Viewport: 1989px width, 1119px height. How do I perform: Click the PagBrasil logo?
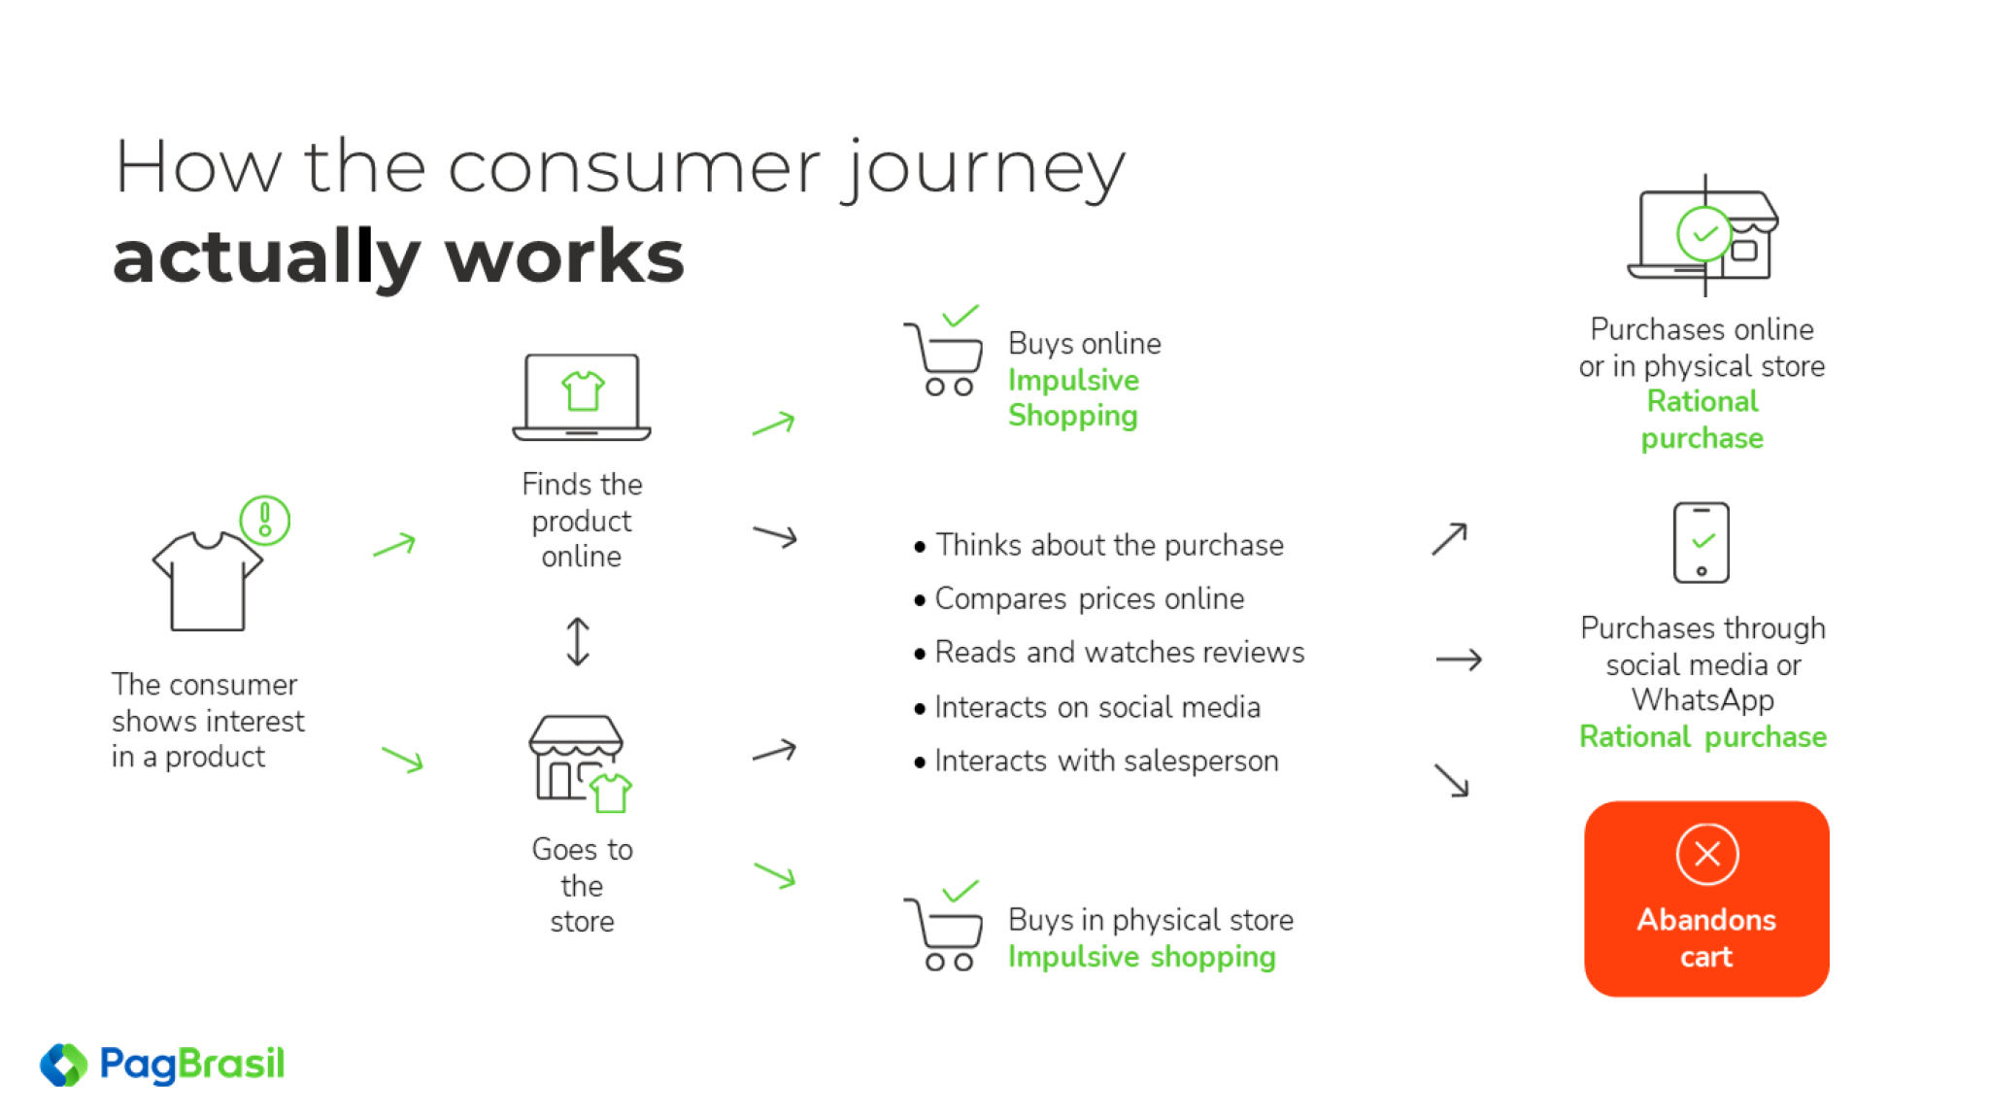point(162,1064)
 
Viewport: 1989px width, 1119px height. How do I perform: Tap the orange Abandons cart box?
point(1706,899)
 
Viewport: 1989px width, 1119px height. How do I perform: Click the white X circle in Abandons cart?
point(1706,854)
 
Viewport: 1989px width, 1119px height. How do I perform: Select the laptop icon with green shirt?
point(582,397)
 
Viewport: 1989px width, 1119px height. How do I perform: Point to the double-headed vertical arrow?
point(578,641)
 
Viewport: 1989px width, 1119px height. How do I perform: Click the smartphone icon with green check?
point(1702,542)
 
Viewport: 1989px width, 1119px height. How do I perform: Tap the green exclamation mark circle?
point(265,520)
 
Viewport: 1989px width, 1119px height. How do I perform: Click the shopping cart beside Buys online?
point(944,351)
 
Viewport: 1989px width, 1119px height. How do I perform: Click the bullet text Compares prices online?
point(1079,598)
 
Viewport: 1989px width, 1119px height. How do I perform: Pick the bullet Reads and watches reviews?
point(1109,652)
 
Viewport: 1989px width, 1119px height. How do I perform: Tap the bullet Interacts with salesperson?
point(1096,761)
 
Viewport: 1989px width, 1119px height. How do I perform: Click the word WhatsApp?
point(1702,700)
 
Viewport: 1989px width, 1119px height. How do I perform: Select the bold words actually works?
point(398,256)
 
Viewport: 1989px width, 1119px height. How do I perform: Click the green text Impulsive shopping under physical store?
point(1142,957)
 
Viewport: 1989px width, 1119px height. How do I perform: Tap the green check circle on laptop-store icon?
point(1704,234)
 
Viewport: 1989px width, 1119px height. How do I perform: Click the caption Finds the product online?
point(582,520)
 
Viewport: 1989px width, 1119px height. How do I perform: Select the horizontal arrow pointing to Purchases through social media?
point(1459,661)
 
